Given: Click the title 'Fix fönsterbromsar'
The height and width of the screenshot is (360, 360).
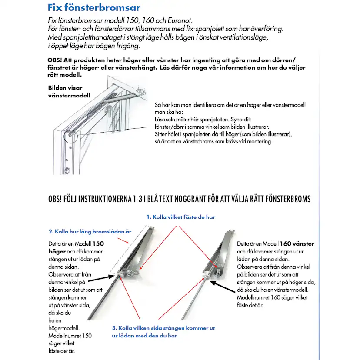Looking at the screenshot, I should coord(93,8).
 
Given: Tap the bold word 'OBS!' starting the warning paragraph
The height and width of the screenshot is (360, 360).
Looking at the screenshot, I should coord(56,60).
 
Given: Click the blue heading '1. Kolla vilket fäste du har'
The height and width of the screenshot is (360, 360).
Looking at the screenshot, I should coord(180,217).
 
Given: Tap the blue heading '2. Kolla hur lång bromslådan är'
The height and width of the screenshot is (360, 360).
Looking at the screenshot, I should coord(90,231).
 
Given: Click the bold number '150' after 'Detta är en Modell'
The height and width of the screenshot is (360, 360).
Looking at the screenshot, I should coord(98,244).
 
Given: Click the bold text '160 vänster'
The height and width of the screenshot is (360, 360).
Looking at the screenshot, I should coord(297,244).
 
